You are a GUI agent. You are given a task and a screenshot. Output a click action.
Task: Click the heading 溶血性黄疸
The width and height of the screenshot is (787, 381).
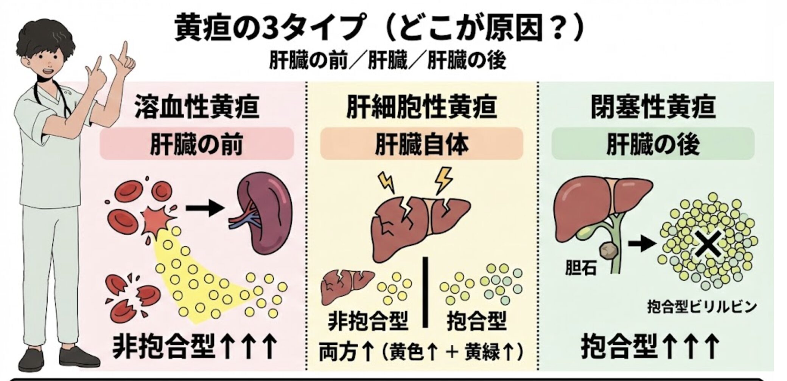click(197, 107)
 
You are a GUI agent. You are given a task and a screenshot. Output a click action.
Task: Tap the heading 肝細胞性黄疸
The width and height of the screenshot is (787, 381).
click(421, 107)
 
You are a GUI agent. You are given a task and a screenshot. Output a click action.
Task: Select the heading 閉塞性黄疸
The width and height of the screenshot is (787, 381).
click(653, 107)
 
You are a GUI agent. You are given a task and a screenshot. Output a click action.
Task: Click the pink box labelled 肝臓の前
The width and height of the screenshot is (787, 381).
click(197, 144)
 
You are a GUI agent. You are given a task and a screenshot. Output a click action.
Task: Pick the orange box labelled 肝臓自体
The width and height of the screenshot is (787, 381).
click(421, 144)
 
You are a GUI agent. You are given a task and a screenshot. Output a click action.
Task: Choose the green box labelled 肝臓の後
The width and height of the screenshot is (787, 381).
click(653, 144)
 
